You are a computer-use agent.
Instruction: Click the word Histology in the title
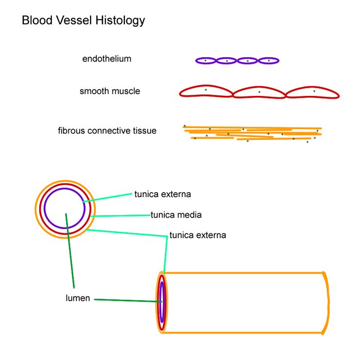[121, 21]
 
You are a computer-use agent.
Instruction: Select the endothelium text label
[107, 59]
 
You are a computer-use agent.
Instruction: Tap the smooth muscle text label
[110, 91]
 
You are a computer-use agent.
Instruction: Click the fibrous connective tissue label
[107, 131]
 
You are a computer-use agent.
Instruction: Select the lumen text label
[78, 298]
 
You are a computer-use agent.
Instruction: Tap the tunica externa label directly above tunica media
[162, 194]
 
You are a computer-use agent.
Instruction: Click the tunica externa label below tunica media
[198, 235]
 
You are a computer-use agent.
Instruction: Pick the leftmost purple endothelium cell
[206, 61]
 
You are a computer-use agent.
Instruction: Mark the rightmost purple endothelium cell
[269, 61]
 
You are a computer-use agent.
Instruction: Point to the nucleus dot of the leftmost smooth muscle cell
[205, 90]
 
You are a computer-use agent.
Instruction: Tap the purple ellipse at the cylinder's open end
[161, 302]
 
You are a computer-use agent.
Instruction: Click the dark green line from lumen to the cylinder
[127, 300]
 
